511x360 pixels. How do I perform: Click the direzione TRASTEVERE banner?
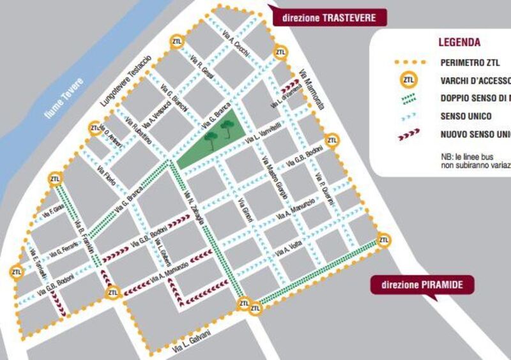pyautogui.click(x=329, y=17)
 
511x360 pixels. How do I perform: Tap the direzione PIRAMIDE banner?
pyautogui.click(x=423, y=285)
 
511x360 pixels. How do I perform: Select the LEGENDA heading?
pyautogui.click(x=459, y=43)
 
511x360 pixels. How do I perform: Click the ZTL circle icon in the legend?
pyautogui.click(x=409, y=80)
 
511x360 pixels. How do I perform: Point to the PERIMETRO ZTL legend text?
pyautogui.click(x=469, y=63)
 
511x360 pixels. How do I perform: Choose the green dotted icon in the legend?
pyautogui.click(x=409, y=98)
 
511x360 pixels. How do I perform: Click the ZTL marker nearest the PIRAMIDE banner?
pyautogui.click(x=383, y=240)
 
